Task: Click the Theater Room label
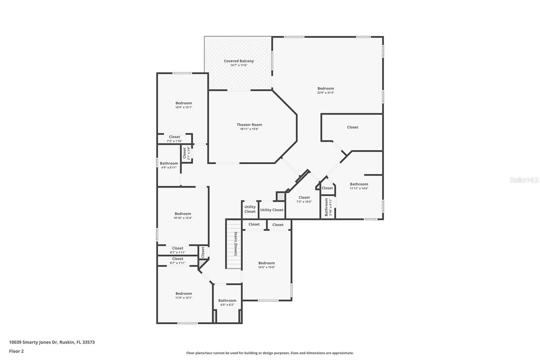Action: tap(249, 125)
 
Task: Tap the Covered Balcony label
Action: tap(239, 61)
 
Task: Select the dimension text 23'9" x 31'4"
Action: tap(325, 93)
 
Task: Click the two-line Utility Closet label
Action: tap(250, 209)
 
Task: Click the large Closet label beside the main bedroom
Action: tap(352, 127)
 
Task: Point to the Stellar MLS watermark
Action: tap(524, 180)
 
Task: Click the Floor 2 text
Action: tap(16, 351)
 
